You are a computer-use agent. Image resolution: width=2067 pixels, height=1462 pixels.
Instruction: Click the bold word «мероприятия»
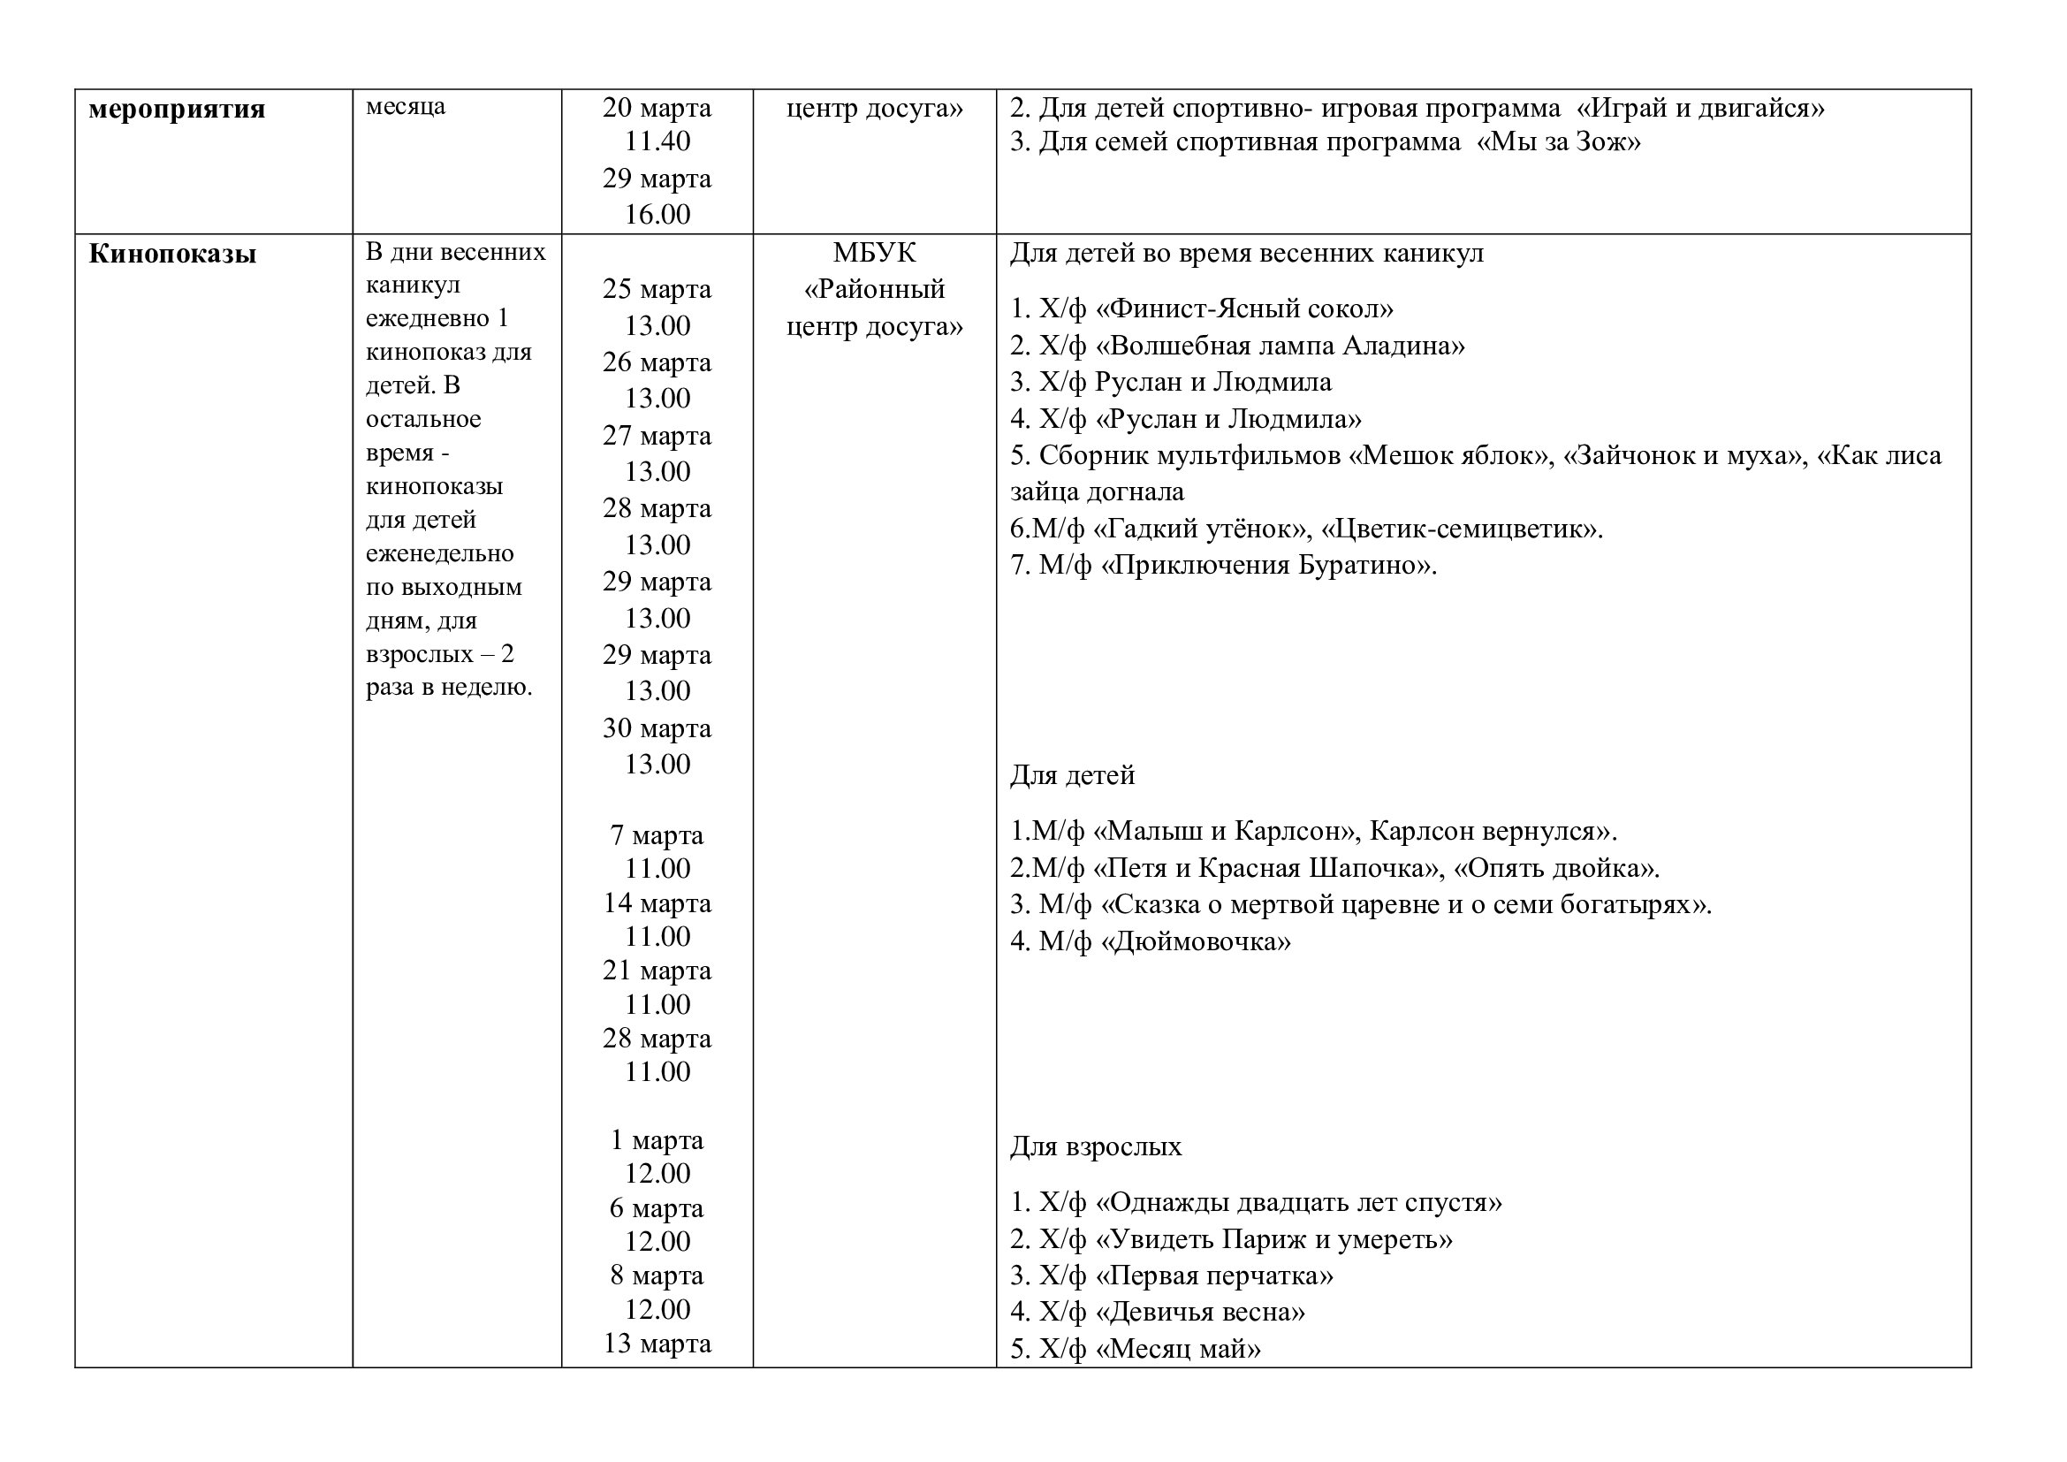point(177,110)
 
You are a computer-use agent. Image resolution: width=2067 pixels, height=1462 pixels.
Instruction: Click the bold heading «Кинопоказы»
point(172,255)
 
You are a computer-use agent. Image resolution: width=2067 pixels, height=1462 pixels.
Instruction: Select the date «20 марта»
point(657,108)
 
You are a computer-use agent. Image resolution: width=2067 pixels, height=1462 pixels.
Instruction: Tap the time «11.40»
point(657,141)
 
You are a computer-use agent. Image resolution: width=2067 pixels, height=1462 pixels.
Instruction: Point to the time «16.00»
point(657,214)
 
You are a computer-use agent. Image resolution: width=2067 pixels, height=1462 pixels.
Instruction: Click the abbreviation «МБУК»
point(874,253)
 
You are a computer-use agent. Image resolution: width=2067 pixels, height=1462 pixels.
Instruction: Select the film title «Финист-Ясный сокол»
point(1245,308)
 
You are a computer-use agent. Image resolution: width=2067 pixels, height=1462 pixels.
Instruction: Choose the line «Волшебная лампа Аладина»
point(1280,346)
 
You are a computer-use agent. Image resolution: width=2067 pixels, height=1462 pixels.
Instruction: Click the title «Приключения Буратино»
point(1265,566)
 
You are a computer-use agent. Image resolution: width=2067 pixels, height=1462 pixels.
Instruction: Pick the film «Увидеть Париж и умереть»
point(1273,1239)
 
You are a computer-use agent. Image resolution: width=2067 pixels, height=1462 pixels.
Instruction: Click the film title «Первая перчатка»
point(1214,1275)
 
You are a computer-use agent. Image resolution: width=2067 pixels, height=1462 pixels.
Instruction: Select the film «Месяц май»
point(1179,1349)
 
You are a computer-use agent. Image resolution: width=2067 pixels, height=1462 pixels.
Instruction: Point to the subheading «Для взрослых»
point(1096,1147)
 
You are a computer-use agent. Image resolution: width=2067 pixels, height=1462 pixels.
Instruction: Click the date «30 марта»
point(657,728)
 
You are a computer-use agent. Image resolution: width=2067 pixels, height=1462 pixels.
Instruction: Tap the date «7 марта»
point(657,835)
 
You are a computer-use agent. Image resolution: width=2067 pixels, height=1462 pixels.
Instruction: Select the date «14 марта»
point(657,903)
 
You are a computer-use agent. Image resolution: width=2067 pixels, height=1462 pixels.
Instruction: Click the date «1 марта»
point(657,1140)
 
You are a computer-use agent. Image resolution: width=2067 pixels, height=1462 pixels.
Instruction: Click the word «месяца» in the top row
point(405,107)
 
